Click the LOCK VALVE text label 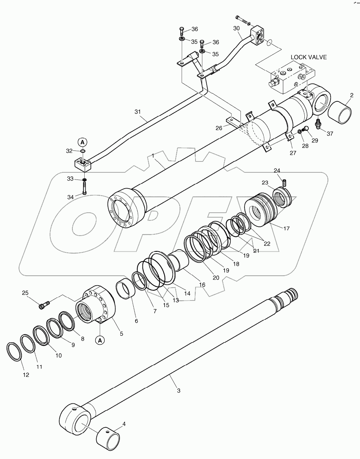[x=308, y=57]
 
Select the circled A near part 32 [x=82, y=142]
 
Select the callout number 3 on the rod [x=178, y=391]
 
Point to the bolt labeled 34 [x=85, y=188]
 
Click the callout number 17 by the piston [x=287, y=229]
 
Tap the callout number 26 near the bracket [x=219, y=128]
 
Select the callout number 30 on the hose [x=236, y=29]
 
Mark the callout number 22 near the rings [x=267, y=244]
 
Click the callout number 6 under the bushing [x=137, y=321]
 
